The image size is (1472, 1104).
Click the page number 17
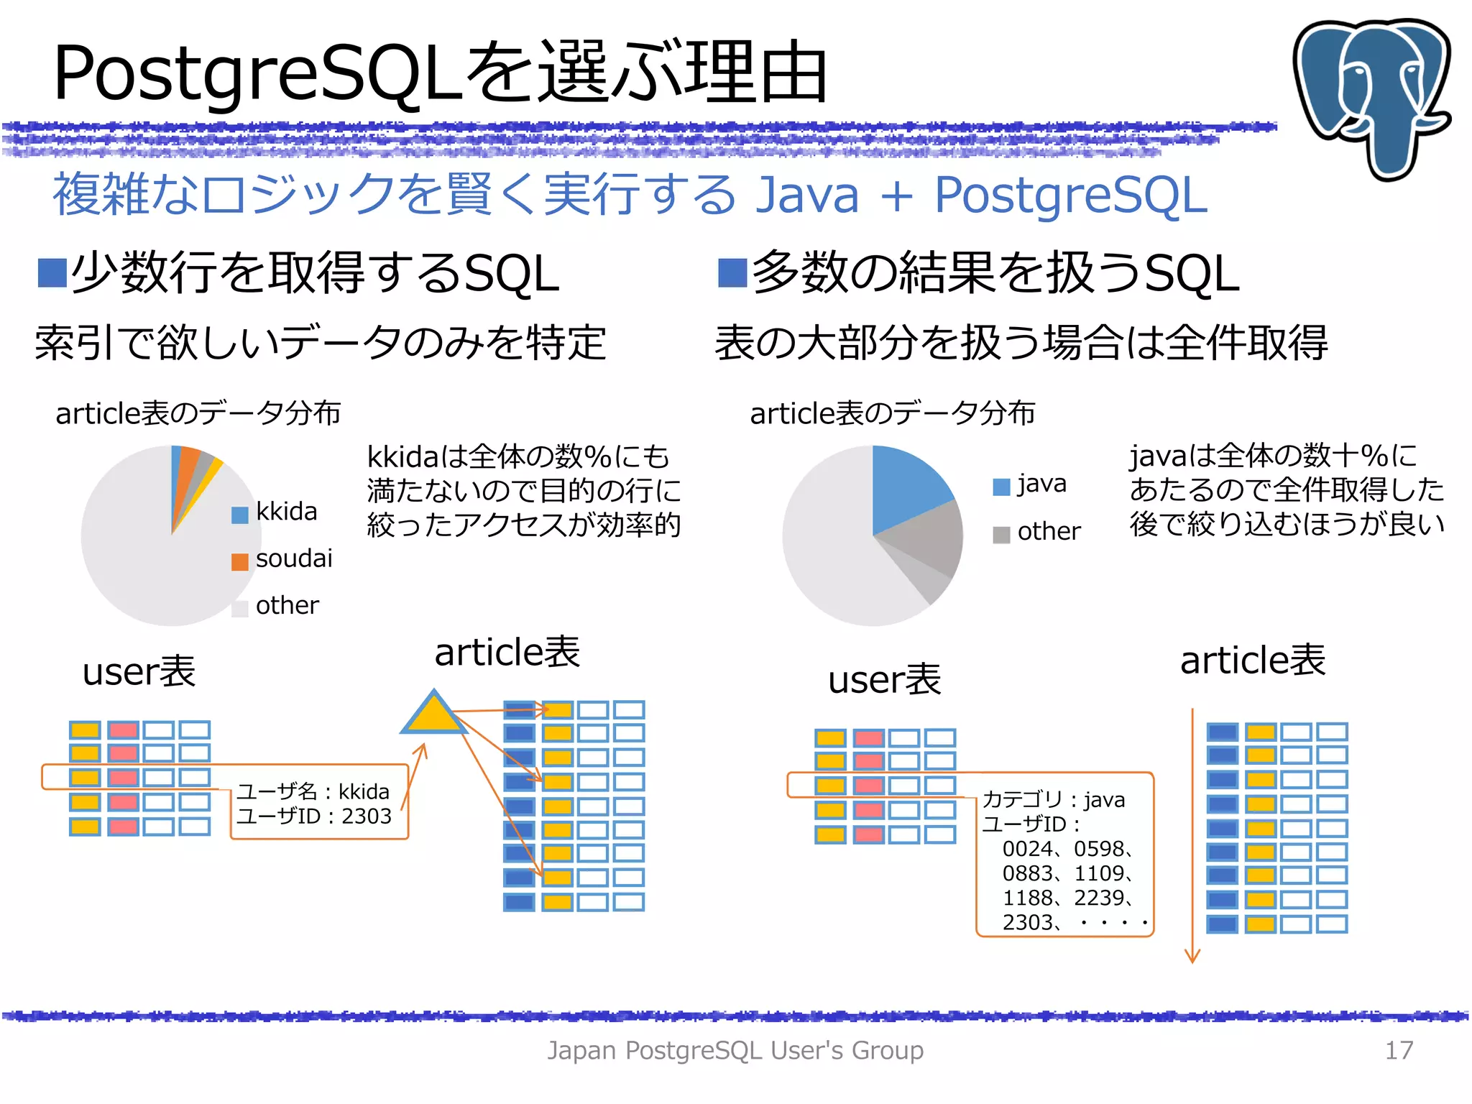pos(1398,1050)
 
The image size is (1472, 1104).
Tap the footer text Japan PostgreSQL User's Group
pos(735,1050)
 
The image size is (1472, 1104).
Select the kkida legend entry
pos(285,512)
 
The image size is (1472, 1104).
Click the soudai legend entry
pos(293,558)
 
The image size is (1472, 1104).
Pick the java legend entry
pos(1041,484)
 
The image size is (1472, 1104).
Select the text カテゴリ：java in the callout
pos(1053,799)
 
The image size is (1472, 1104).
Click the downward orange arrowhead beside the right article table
pos(1192,956)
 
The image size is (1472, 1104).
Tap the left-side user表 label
pos(139,672)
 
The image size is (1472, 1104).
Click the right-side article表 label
pos(1252,660)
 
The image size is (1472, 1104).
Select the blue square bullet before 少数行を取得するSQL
pos(52,273)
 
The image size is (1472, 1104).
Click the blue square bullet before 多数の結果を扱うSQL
pos(732,273)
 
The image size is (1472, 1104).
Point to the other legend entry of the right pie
pos(1048,532)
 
